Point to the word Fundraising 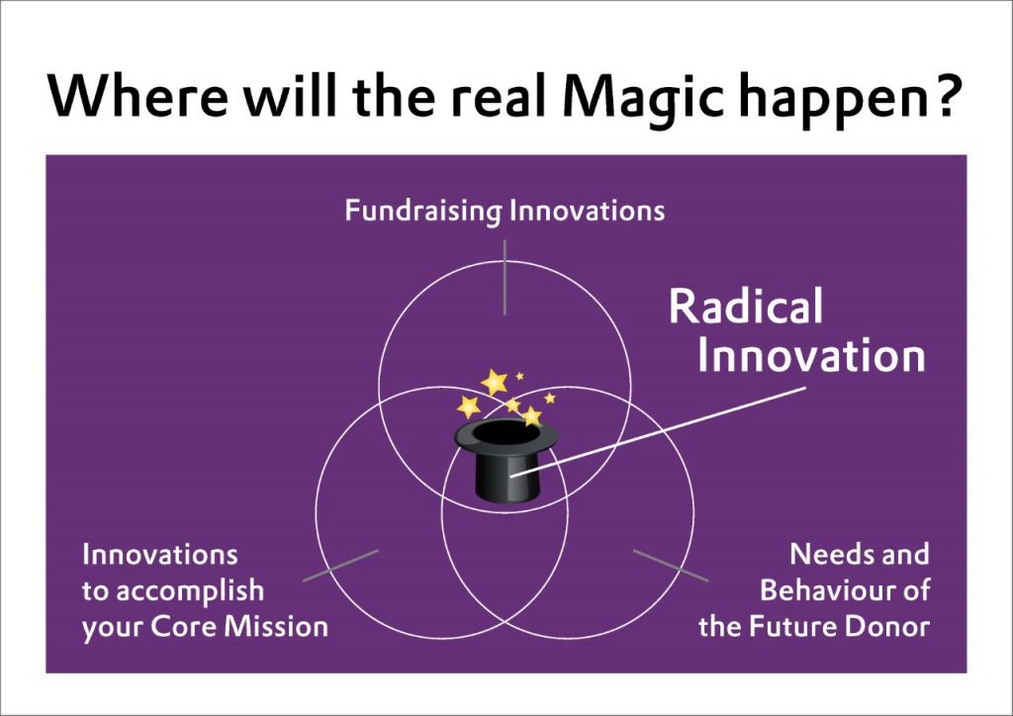pos(423,211)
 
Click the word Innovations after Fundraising pos(588,211)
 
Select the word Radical pos(746,306)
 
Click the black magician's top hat pos(506,460)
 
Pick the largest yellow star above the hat pos(495,382)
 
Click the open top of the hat pos(506,433)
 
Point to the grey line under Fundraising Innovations pos(505,278)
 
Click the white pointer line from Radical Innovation pos(658,432)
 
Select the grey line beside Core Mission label pos(340,566)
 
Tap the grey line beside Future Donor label pos(671,566)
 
